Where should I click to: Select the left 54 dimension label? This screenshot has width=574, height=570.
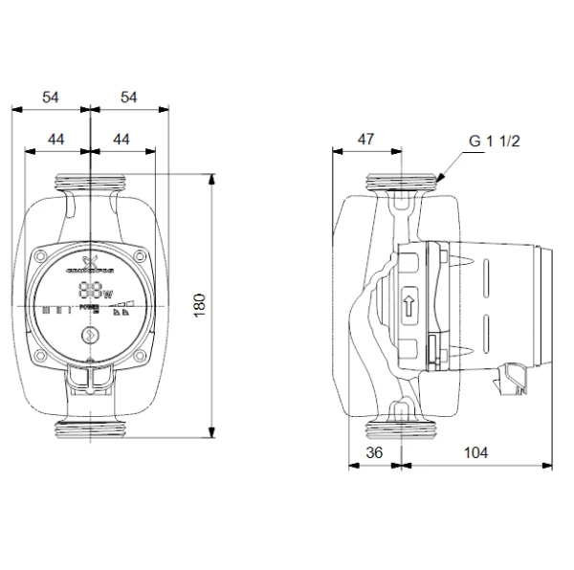coord(51,98)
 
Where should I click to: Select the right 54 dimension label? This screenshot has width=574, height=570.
coord(128,98)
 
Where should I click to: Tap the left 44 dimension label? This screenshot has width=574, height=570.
coord(56,139)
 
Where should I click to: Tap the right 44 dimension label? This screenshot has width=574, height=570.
coord(121,139)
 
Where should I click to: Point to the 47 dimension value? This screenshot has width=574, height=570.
coord(365,139)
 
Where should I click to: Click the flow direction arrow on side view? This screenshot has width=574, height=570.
coord(409,306)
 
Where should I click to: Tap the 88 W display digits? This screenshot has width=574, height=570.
coord(94,292)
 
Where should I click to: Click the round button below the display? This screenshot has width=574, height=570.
coord(90,334)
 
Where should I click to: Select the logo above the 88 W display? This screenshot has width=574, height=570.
coord(91,264)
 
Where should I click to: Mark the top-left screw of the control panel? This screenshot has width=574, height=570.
coord(43,255)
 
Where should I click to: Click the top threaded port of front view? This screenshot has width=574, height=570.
coord(90,181)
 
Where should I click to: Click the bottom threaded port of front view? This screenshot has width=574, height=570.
coord(90,430)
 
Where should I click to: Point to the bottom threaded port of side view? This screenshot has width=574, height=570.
coord(402,430)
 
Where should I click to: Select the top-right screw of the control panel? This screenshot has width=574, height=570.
coord(140,255)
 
